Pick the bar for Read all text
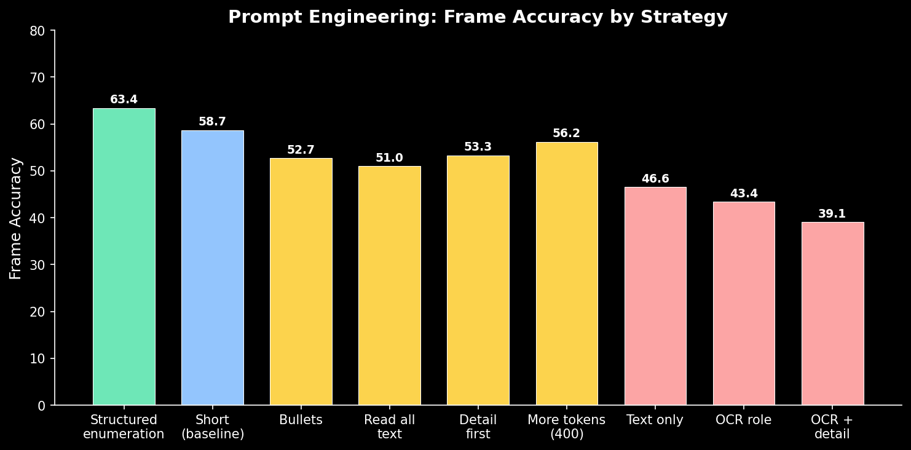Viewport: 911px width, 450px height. pyautogui.click(x=389, y=286)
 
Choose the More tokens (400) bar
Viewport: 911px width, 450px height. pyautogui.click(x=566, y=274)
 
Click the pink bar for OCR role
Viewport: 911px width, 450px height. pyautogui.click(x=743, y=304)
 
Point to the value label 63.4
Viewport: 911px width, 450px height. pyautogui.click(x=124, y=100)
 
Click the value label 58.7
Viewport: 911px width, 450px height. pyautogui.click(x=212, y=122)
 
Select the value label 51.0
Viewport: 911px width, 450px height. pyautogui.click(x=389, y=158)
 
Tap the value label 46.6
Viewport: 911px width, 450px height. pyautogui.click(x=655, y=179)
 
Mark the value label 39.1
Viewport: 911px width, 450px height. pyautogui.click(x=832, y=214)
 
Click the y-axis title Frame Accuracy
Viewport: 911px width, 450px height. pyautogui.click(x=16, y=218)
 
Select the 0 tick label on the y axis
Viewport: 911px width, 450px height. pyautogui.click(x=41, y=406)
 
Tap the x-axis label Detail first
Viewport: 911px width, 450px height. pyautogui.click(x=478, y=427)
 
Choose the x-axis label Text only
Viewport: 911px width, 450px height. pyautogui.click(x=655, y=420)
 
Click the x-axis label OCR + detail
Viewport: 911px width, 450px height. pyautogui.click(x=832, y=427)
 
